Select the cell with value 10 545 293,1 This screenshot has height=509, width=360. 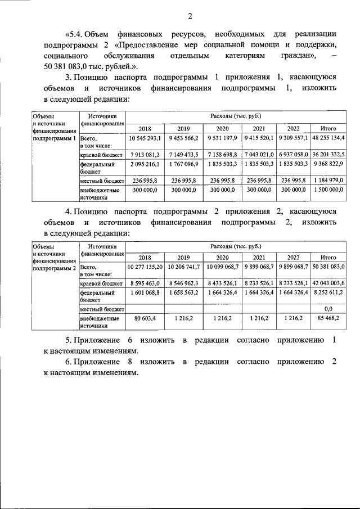pyautogui.click(x=145, y=138)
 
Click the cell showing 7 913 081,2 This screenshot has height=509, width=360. pyautogui.click(x=145, y=154)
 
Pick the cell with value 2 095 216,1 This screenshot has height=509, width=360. pyautogui.click(x=145, y=164)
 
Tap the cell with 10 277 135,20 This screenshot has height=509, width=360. pyautogui.click(x=145, y=267)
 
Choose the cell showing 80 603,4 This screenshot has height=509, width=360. pyautogui.click(x=145, y=319)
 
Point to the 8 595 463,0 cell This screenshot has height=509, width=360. pyautogui.click(x=145, y=283)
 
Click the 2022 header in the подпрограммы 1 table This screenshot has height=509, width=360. pyautogui.click(x=292, y=128)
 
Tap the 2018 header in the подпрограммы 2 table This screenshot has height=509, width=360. pyautogui.click(x=145, y=256)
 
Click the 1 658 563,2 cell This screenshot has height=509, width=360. pyautogui.click(x=183, y=293)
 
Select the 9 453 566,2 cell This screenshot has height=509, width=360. pyautogui.click(x=183, y=138)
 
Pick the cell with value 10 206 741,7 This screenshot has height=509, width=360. pyautogui.click(x=183, y=267)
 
